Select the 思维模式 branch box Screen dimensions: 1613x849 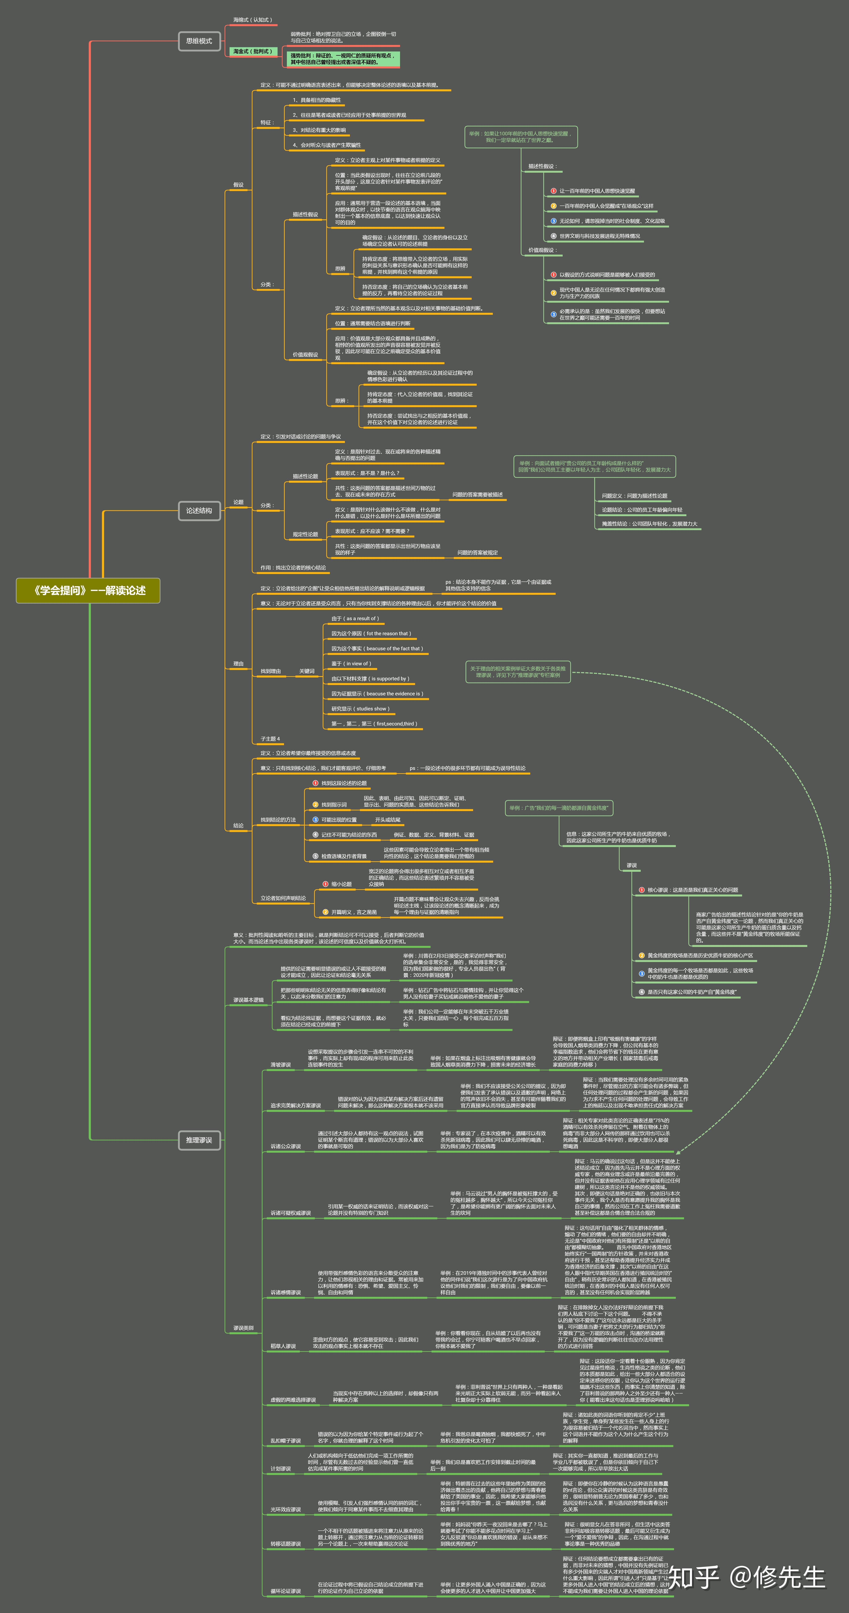coord(199,41)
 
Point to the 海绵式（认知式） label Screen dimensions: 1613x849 coord(252,20)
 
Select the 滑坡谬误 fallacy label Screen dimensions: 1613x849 coord(280,1064)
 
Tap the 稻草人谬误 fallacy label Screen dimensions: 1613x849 coord(283,1346)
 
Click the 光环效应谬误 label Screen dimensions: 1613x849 coord(285,1509)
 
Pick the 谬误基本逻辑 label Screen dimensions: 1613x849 coord(249,1000)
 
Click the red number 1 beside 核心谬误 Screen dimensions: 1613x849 coord(642,890)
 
